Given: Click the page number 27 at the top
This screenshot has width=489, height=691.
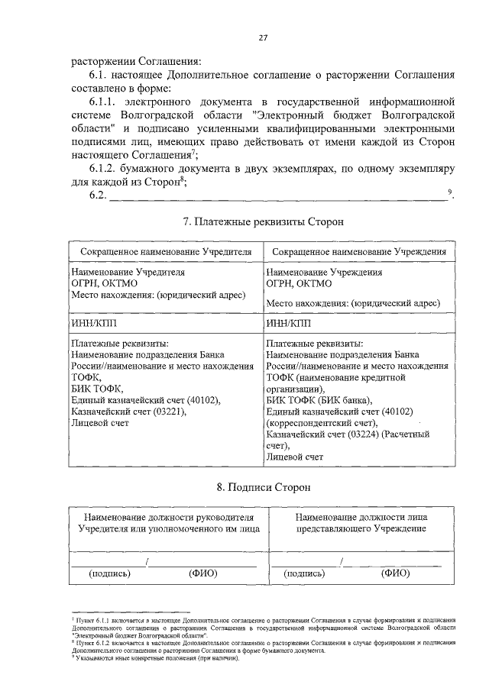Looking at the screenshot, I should click(263, 37).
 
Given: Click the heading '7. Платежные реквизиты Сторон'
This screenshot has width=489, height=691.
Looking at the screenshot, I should click(263, 221).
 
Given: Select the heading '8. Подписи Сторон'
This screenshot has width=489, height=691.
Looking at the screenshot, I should click(263, 486).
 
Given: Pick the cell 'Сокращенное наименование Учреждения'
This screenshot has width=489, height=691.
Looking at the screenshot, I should click(359, 251).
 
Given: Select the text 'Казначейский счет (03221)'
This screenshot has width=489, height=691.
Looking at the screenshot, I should click(128, 411).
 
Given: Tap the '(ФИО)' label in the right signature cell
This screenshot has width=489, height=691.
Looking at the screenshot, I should click(396, 573).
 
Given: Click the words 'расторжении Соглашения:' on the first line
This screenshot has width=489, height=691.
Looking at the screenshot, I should click(137, 61).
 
